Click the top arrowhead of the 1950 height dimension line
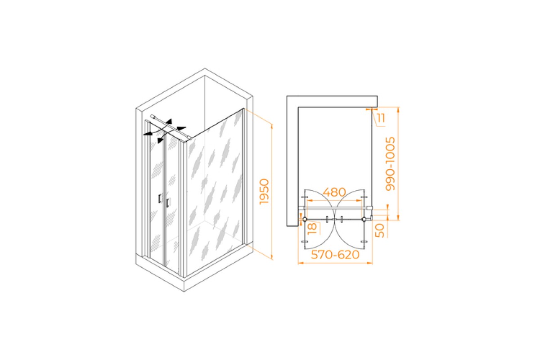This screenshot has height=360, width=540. [272, 126]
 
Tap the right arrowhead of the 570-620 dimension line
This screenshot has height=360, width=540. [370, 263]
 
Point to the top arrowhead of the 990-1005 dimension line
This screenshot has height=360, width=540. [398, 110]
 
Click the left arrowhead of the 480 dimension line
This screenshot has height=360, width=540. [310, 200]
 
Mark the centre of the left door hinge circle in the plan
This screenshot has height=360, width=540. [305, 219]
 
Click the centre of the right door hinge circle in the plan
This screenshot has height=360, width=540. [364, 219]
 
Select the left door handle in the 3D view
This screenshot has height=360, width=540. [160, 198]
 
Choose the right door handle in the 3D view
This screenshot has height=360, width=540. [167, 203]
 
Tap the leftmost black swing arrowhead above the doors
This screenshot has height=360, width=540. [147, 134]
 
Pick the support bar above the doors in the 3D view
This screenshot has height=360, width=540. [171, 127]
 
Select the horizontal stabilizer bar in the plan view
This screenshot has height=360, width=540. [335, 208]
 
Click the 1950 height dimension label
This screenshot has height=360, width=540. [264, 191]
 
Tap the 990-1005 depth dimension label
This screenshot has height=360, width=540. [390, 164]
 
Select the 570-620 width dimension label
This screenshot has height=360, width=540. [335, 255]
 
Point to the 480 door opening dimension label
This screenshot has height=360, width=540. [334, 192]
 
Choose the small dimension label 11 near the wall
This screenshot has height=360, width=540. [381, 118]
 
